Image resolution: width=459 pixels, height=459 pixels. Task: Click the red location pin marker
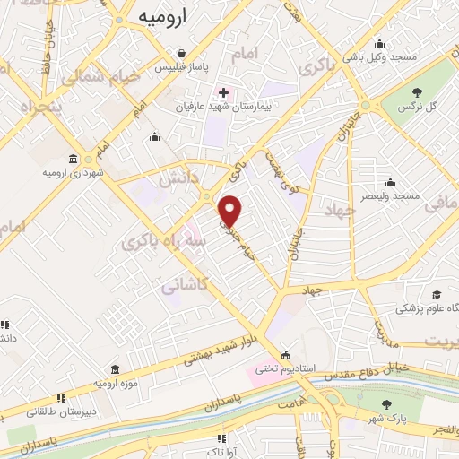coord(231,211)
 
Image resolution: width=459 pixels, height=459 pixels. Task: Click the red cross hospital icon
coord(223,92)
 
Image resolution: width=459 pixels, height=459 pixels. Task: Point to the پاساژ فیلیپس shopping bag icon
coord(182,54)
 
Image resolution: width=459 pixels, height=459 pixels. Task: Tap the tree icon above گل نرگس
coord(418,91)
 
